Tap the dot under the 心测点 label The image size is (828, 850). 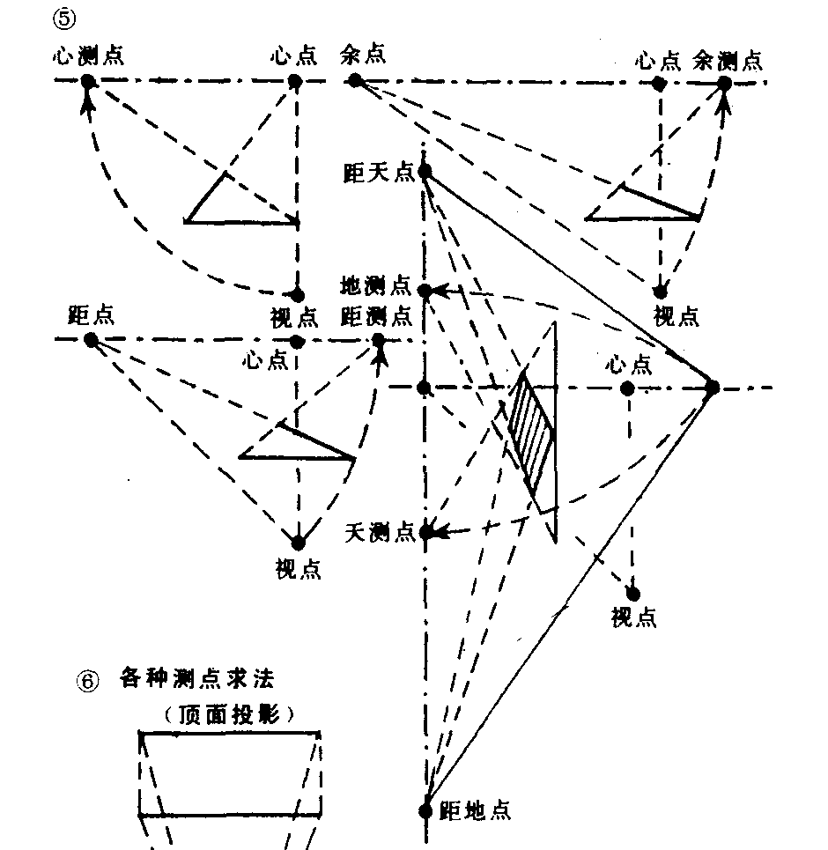tap(87, 82)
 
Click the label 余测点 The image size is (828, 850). tap(728, 60)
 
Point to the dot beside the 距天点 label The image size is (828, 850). tap(425, 172)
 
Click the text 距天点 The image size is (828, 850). tap(379, 173)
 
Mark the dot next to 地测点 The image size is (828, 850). tap(425, 292)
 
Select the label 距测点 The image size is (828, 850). tap(376, 314)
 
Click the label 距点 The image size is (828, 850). tap(91, 315)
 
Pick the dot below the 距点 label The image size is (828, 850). tap(91, 340)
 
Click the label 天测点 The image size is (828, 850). tap(380, 532)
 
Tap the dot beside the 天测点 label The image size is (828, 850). tap(425, 533)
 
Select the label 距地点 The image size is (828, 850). tap(475, 809)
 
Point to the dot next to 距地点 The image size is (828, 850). tap(425, 810)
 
